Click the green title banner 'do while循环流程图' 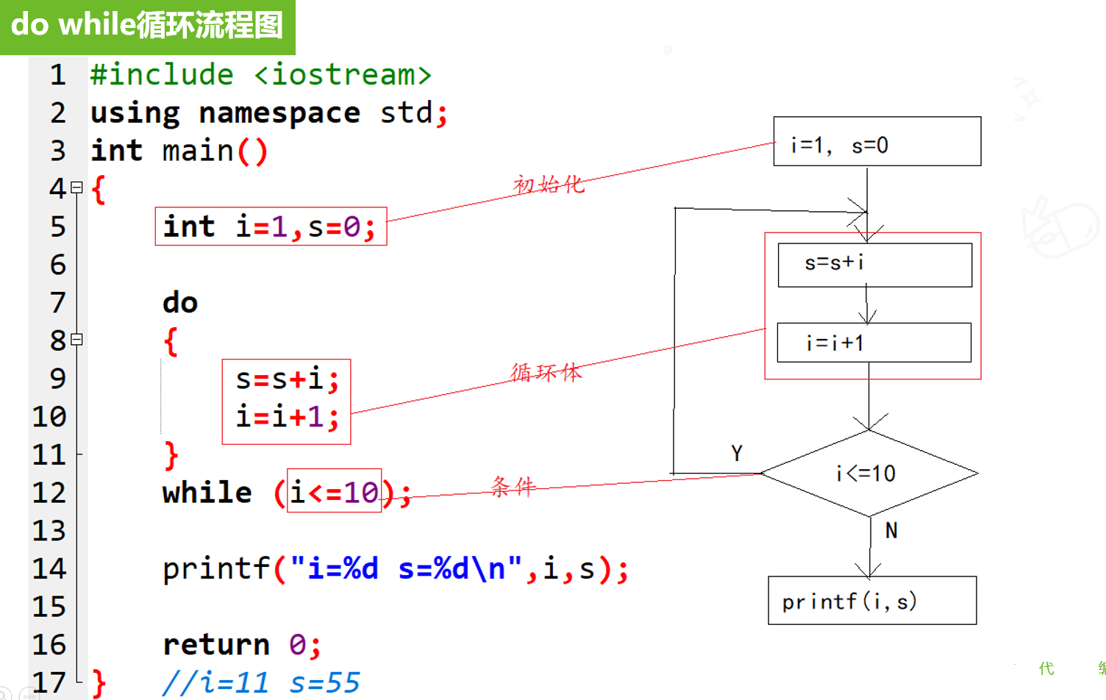[148, 27]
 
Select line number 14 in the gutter [49, 568]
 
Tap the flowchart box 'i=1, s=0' [877, 141]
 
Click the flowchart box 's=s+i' [875, 265]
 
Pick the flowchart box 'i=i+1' [874, 343]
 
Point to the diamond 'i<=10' [869, 474]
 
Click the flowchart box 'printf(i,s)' [872, 600]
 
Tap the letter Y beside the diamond [737, 453]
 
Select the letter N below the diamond [891, 531]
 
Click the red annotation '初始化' [549, 185]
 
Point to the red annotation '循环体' [546, 373]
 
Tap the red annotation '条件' [513, 487]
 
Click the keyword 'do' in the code [180, 302]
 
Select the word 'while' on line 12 [207, 492]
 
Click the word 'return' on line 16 [216, 645]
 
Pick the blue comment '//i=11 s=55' [261, 683]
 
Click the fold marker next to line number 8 [76, 340]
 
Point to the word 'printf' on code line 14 [216, 568]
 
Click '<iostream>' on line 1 [343, 75]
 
